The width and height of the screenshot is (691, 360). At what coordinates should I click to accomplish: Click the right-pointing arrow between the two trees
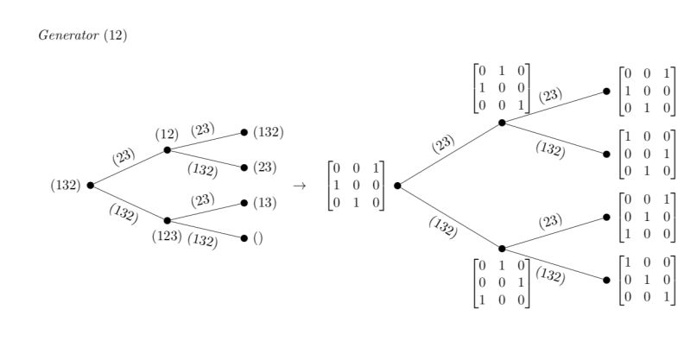tap(299, 185)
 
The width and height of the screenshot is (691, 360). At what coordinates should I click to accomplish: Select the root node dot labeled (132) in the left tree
tap(91, 185)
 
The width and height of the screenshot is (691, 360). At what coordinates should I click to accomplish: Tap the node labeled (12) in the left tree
tap(167, 149)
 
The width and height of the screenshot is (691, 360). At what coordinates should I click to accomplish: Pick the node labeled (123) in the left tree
tap(167, 220)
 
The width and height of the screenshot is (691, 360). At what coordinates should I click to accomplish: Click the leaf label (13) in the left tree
tap(264, 203)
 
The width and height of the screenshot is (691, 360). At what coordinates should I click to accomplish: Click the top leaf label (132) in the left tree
tap(268, 132)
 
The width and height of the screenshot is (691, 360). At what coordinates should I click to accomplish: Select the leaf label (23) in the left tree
tap(264, 167)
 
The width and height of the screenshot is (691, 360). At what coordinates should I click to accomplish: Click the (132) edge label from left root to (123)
tap(124, 213)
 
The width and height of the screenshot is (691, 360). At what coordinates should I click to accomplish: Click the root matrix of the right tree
tap(356, 185)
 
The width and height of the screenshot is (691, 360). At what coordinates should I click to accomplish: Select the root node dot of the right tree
tap(397, 185)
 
